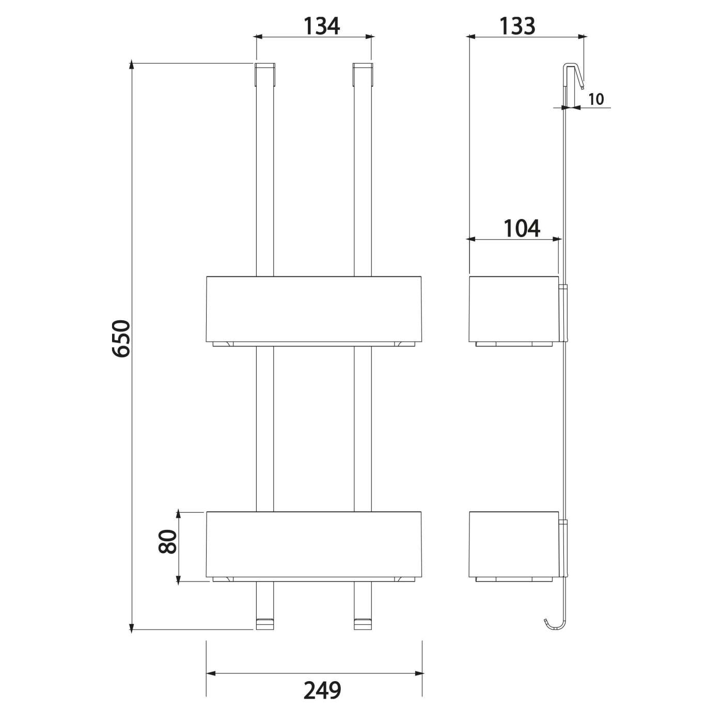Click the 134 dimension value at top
point(321,26)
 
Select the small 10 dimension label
point(596,99)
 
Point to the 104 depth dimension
point(522,228)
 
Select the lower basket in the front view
point(314,545)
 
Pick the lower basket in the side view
point(513,545)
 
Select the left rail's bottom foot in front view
point(265,624)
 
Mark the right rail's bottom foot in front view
point(363,624)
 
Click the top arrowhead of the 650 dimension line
point(132,66)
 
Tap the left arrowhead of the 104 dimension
point(471,239)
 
